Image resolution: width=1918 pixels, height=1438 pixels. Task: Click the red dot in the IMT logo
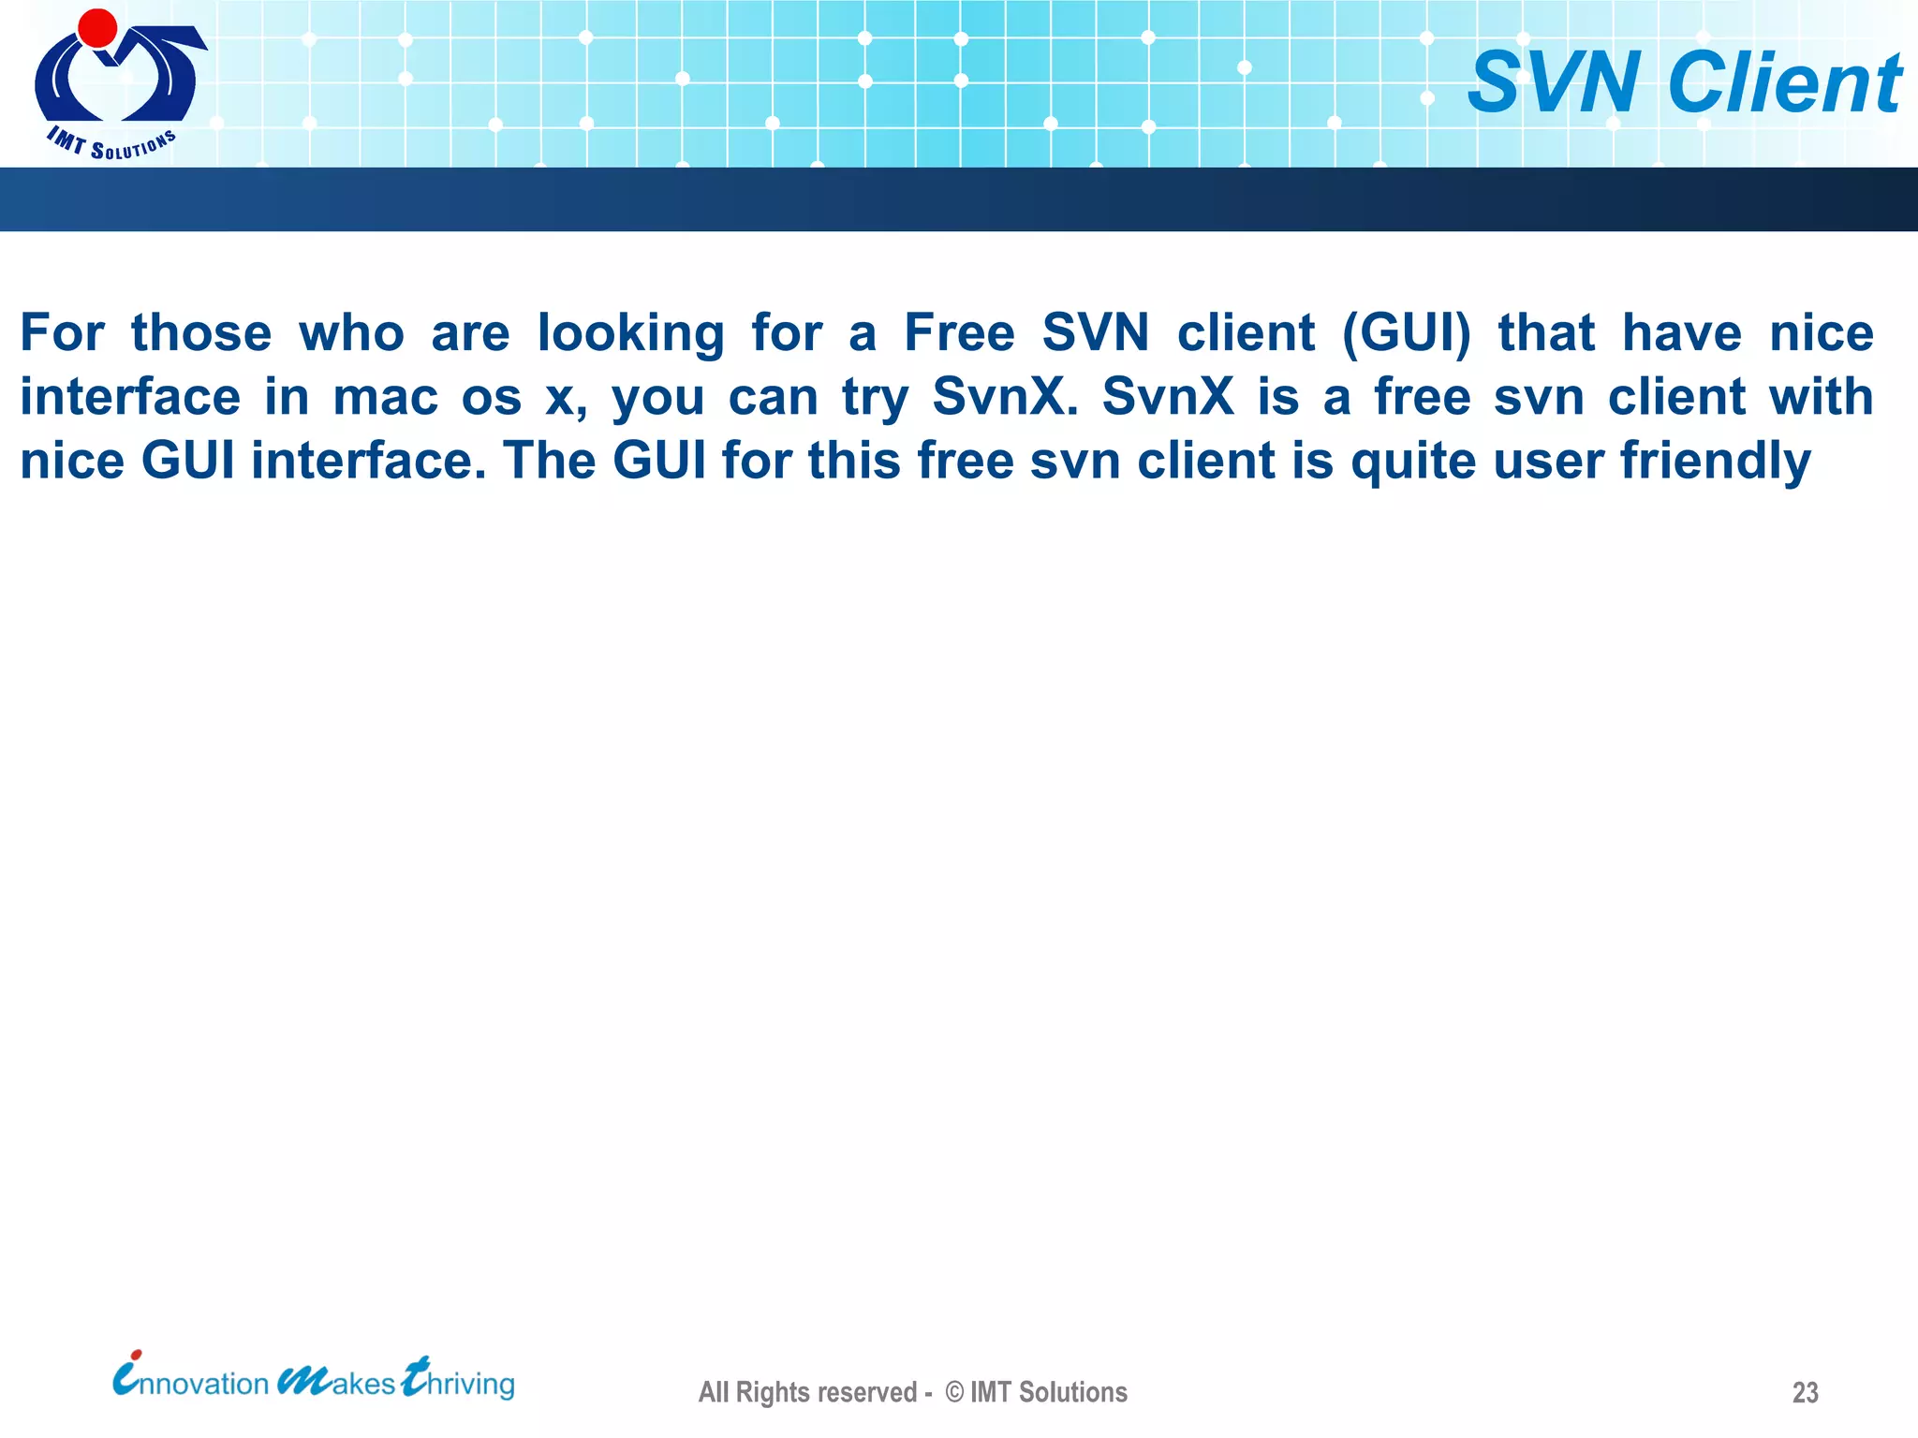(97, 27)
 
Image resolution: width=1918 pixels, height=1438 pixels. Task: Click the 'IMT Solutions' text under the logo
(111, 143)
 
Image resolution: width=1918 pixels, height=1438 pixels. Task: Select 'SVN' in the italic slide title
(1554, 83)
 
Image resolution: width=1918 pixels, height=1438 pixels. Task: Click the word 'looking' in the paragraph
(630, 334)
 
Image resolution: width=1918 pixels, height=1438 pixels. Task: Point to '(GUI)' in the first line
(1407, 334)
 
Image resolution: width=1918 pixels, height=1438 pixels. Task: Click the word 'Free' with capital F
(959, 333)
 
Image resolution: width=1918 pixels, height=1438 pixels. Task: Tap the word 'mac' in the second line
(386, 398)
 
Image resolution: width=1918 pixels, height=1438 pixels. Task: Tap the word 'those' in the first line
(201, 333)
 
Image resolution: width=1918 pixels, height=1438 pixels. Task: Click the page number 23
(1805, 1392)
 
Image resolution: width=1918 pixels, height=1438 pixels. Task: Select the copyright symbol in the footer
(954, 1392)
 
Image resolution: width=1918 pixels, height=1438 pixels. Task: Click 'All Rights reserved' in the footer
(807, 1392)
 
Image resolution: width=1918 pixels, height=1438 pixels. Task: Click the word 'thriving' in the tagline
(459, 1381)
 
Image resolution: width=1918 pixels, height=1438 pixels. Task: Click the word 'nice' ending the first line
(1821, 333)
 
